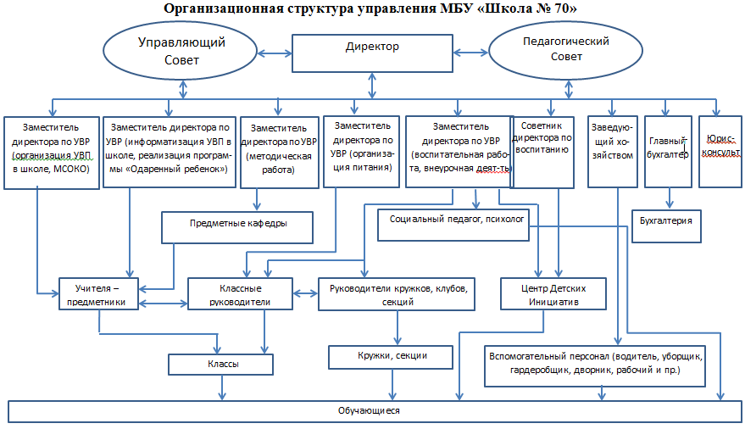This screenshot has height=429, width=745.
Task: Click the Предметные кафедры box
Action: [236, 225]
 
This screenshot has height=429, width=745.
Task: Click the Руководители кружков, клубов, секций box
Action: [398, 294]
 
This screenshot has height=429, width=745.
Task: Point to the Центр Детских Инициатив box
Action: [554, 294]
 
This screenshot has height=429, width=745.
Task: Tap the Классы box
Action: [222, 364]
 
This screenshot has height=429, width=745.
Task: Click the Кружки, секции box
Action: [390, 357]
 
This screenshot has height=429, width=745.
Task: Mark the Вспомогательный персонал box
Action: [597, 363]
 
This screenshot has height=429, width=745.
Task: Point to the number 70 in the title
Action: [555, 8]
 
